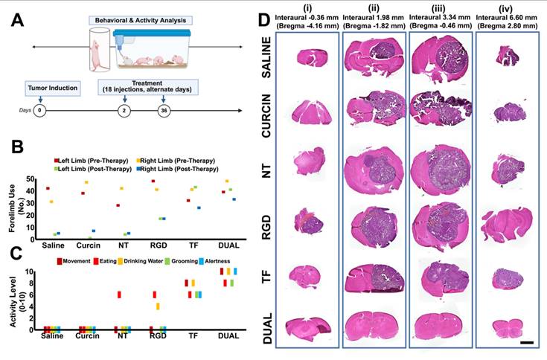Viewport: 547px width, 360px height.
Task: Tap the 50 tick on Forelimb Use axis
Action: coord(30,180)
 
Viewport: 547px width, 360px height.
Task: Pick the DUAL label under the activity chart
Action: coord(229,336)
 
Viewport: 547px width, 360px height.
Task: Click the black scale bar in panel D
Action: coord(526,342)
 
